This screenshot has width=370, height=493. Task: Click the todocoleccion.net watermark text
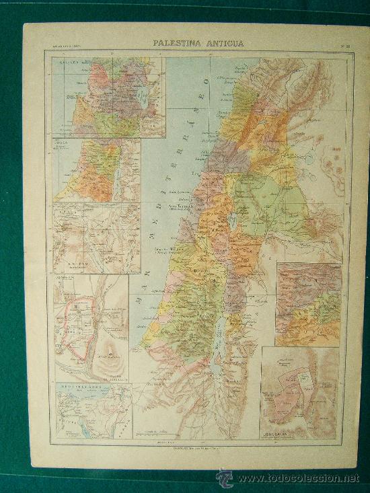pos(298,479)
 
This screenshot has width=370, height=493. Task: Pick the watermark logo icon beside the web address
pos(224,478)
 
